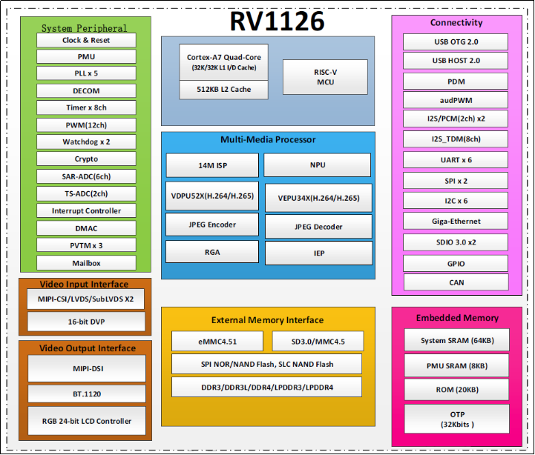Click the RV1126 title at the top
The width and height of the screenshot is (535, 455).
tap(277, 21)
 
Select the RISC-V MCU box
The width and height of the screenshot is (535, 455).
tap(325, 76)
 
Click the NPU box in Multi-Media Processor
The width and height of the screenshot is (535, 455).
tap(318, 165)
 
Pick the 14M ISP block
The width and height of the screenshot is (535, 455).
tap(212, 165)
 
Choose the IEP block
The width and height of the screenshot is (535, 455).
tap(318, 253)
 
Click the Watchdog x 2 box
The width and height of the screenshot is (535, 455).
tap(86, 142)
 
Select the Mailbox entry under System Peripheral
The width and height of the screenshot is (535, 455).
tap(86, 262)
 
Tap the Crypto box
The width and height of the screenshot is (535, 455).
tap(86, 159)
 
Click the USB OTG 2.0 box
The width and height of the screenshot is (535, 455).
tap(456, 41)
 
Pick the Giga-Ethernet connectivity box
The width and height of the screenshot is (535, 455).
tap(456, 221)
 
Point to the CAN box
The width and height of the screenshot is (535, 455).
tap(456, 282)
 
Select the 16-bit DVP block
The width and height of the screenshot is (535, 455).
tap(86, 322)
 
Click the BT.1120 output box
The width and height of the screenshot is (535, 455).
tap(86, 393)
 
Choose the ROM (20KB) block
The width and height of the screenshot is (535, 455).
tap(456, 389)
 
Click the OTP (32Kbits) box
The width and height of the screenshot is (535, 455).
tap(456, 419)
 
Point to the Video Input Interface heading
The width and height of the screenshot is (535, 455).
tap(83, 284)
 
